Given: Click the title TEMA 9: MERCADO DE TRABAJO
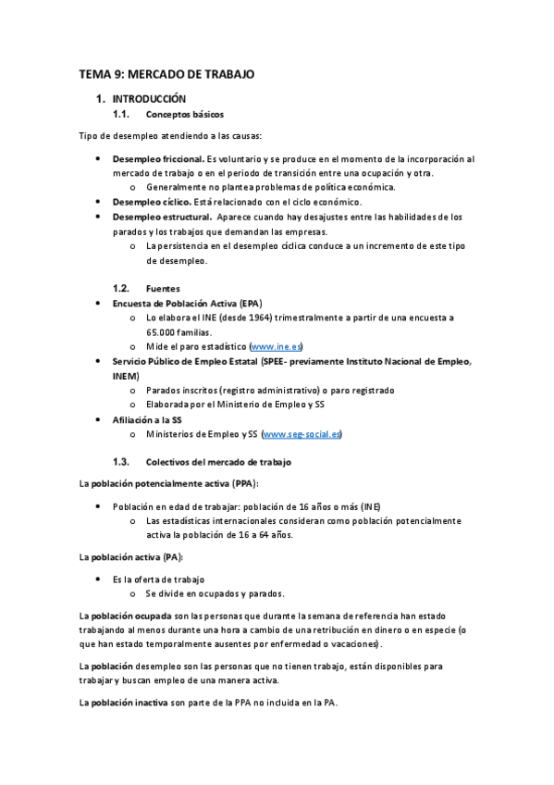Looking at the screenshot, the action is point(166,74).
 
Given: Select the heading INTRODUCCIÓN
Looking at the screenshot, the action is point(149,98).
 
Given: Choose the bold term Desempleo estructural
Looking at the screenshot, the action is point(158,217).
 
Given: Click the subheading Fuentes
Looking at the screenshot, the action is point(163,288).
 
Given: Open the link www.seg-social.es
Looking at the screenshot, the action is point(302,433).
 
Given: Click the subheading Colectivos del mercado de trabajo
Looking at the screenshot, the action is point(218,461).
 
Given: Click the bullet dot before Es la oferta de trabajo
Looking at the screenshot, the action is point(99,579).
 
